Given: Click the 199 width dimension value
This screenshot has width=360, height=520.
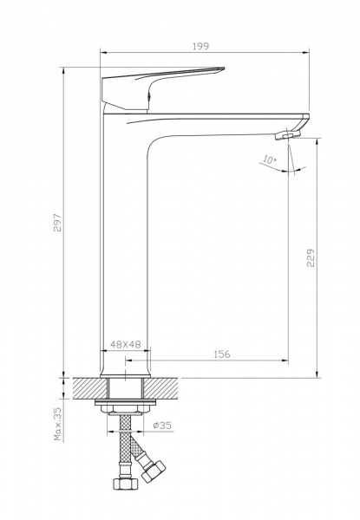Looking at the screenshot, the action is click(x=201, y=46).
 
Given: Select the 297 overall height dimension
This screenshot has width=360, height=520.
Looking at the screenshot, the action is click(x=58, y=223).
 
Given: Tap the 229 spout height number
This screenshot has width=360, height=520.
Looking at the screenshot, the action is click(x=311, y=257).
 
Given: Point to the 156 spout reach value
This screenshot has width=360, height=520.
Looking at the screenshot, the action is click(x=222, y=354).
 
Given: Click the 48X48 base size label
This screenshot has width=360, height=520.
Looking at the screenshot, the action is click(x=126, y=344).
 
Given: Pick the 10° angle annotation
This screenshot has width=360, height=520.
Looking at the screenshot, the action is click(x=270, y=159).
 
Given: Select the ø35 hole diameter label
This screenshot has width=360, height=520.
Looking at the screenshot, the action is click(x=162, y=426).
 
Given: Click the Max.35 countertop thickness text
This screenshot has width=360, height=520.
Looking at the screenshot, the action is click(x=58, y=424).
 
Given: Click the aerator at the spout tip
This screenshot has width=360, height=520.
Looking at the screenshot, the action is click(x=287, y=134).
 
